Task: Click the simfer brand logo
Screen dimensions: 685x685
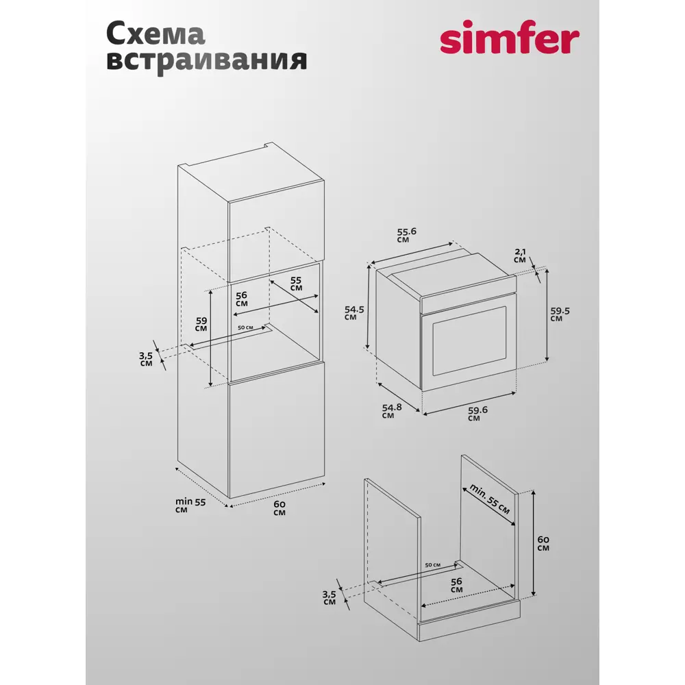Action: click(x=510, y=37)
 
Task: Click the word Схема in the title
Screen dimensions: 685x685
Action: click(x=155, y=34)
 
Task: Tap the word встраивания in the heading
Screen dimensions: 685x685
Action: click(x=206, y=61)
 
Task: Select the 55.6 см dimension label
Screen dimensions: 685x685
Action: click(x=406, y=235)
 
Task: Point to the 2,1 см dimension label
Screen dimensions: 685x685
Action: click(x=521, y=256)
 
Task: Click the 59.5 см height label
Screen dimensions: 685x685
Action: click(x=560, y=314)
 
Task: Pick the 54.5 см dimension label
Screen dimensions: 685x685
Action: click(x=354, y=313)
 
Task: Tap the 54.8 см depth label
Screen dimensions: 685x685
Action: click(x=391, y=411)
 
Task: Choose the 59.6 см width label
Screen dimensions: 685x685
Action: click(x=477, y=414)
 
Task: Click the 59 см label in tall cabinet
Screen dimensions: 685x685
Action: click(x=201, y=325)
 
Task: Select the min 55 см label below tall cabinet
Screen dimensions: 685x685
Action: click(x=190, y=506)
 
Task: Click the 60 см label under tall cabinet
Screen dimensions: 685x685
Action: click(x=279, y=508)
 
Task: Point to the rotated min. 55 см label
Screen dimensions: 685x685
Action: click(x=490, y=499)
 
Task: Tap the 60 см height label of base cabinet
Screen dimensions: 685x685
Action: click(x=543, y=543)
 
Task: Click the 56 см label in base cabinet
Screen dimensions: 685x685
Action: click(x=456, y=586)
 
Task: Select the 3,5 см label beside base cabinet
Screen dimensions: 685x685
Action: click(x=329, y=597)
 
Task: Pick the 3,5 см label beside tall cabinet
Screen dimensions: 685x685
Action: click(x=146, y=359)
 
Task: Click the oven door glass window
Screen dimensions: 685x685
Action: click(x=469, y=340)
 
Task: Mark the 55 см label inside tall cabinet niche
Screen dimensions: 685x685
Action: click(x=296, y=284)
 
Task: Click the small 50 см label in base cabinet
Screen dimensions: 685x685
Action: click(x=432, y=565)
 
